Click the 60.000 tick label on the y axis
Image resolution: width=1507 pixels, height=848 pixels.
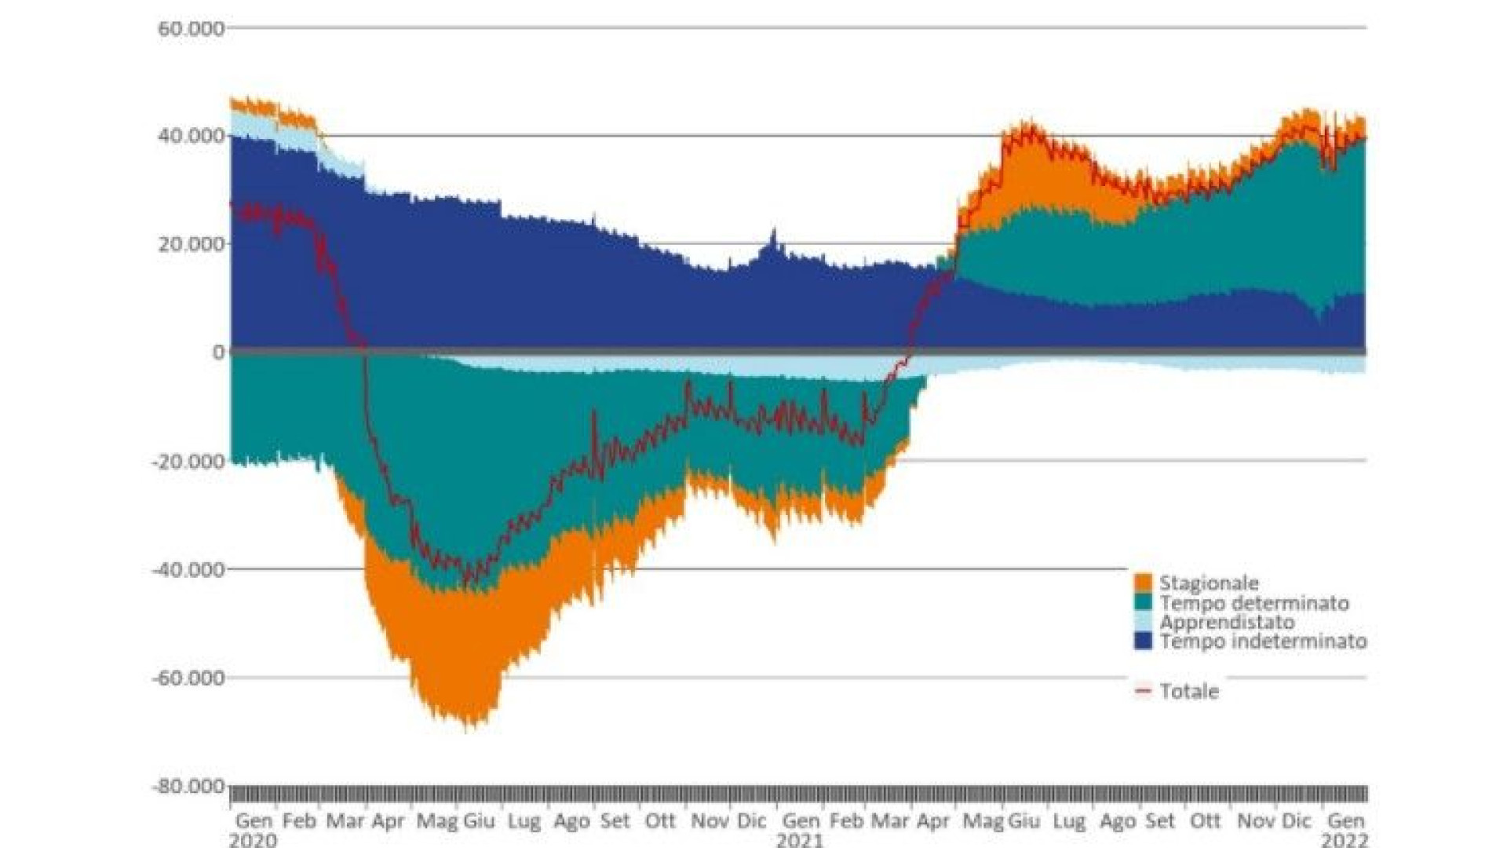pos(191,29)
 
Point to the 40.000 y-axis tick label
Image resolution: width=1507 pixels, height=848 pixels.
pos(191,136)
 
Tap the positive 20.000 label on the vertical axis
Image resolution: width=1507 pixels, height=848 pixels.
pos(191,244)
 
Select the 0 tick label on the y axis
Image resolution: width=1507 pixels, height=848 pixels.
pos(218,352)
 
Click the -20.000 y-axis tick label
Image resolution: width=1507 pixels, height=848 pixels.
pos(188,461)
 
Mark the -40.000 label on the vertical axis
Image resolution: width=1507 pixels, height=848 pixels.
pos(188,569)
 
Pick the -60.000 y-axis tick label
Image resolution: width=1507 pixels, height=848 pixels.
pos(188,678)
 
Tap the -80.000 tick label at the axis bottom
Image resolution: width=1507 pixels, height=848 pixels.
pos(188,786)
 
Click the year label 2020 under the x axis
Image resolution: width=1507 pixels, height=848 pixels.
pos(253,840)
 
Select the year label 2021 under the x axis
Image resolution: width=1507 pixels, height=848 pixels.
pos(800,840)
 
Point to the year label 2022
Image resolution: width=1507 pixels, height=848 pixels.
pos(1345,840)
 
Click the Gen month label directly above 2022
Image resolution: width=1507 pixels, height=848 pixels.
pos(1345,821)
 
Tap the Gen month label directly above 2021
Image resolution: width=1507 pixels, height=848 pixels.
pos(801,821)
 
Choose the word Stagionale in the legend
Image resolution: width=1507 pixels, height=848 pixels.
pos(1209,583)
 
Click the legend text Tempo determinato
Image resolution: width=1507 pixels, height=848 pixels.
pos(1254,603)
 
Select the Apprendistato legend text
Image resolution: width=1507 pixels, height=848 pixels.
pos(1227,622)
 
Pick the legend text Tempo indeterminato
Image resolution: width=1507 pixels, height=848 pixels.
pos(1263,641)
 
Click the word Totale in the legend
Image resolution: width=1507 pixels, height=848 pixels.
pos(1189,692)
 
